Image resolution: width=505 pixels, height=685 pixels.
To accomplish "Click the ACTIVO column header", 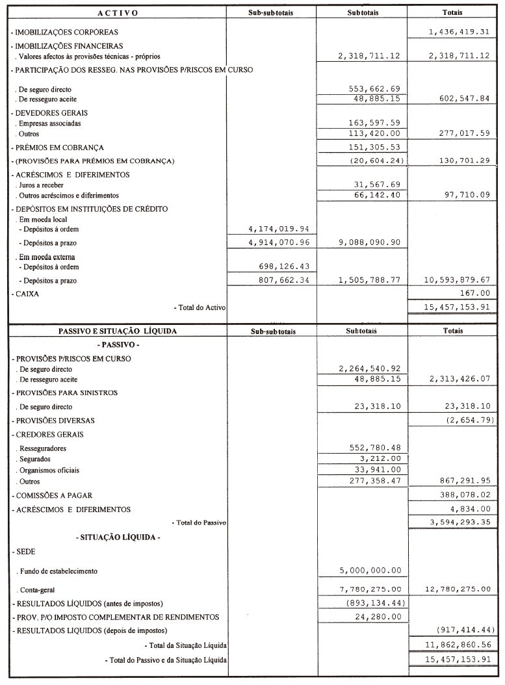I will pyautogui.click(x=117, y=13).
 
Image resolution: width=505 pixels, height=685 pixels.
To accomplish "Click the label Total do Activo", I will pyautogui.click(x=200, y=307).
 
